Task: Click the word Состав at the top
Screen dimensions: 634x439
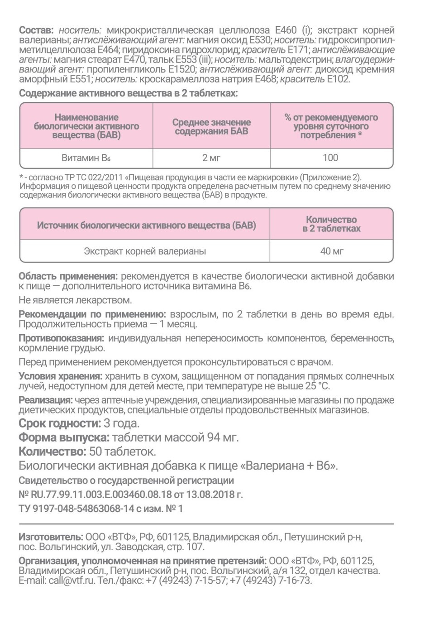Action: coord(36,30)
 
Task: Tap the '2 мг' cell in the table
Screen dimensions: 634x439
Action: coord(211,158)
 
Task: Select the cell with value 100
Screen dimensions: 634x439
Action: coord(330,158)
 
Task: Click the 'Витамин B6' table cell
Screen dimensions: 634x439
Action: coord(86,158)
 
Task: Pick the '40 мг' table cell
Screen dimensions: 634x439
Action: coord(332,251)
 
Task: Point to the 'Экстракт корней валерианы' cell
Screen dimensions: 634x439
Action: coord(145,251)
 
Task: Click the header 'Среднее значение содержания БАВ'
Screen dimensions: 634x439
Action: coord(211,126)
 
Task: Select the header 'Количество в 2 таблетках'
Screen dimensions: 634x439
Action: coord(331,224)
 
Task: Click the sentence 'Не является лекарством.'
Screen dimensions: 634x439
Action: coord(75,300)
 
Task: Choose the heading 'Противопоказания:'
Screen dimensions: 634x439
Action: coord(61,338)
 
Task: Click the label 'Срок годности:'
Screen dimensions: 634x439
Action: coord(60,423)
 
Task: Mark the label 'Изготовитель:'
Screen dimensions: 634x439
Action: coord(51,537)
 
